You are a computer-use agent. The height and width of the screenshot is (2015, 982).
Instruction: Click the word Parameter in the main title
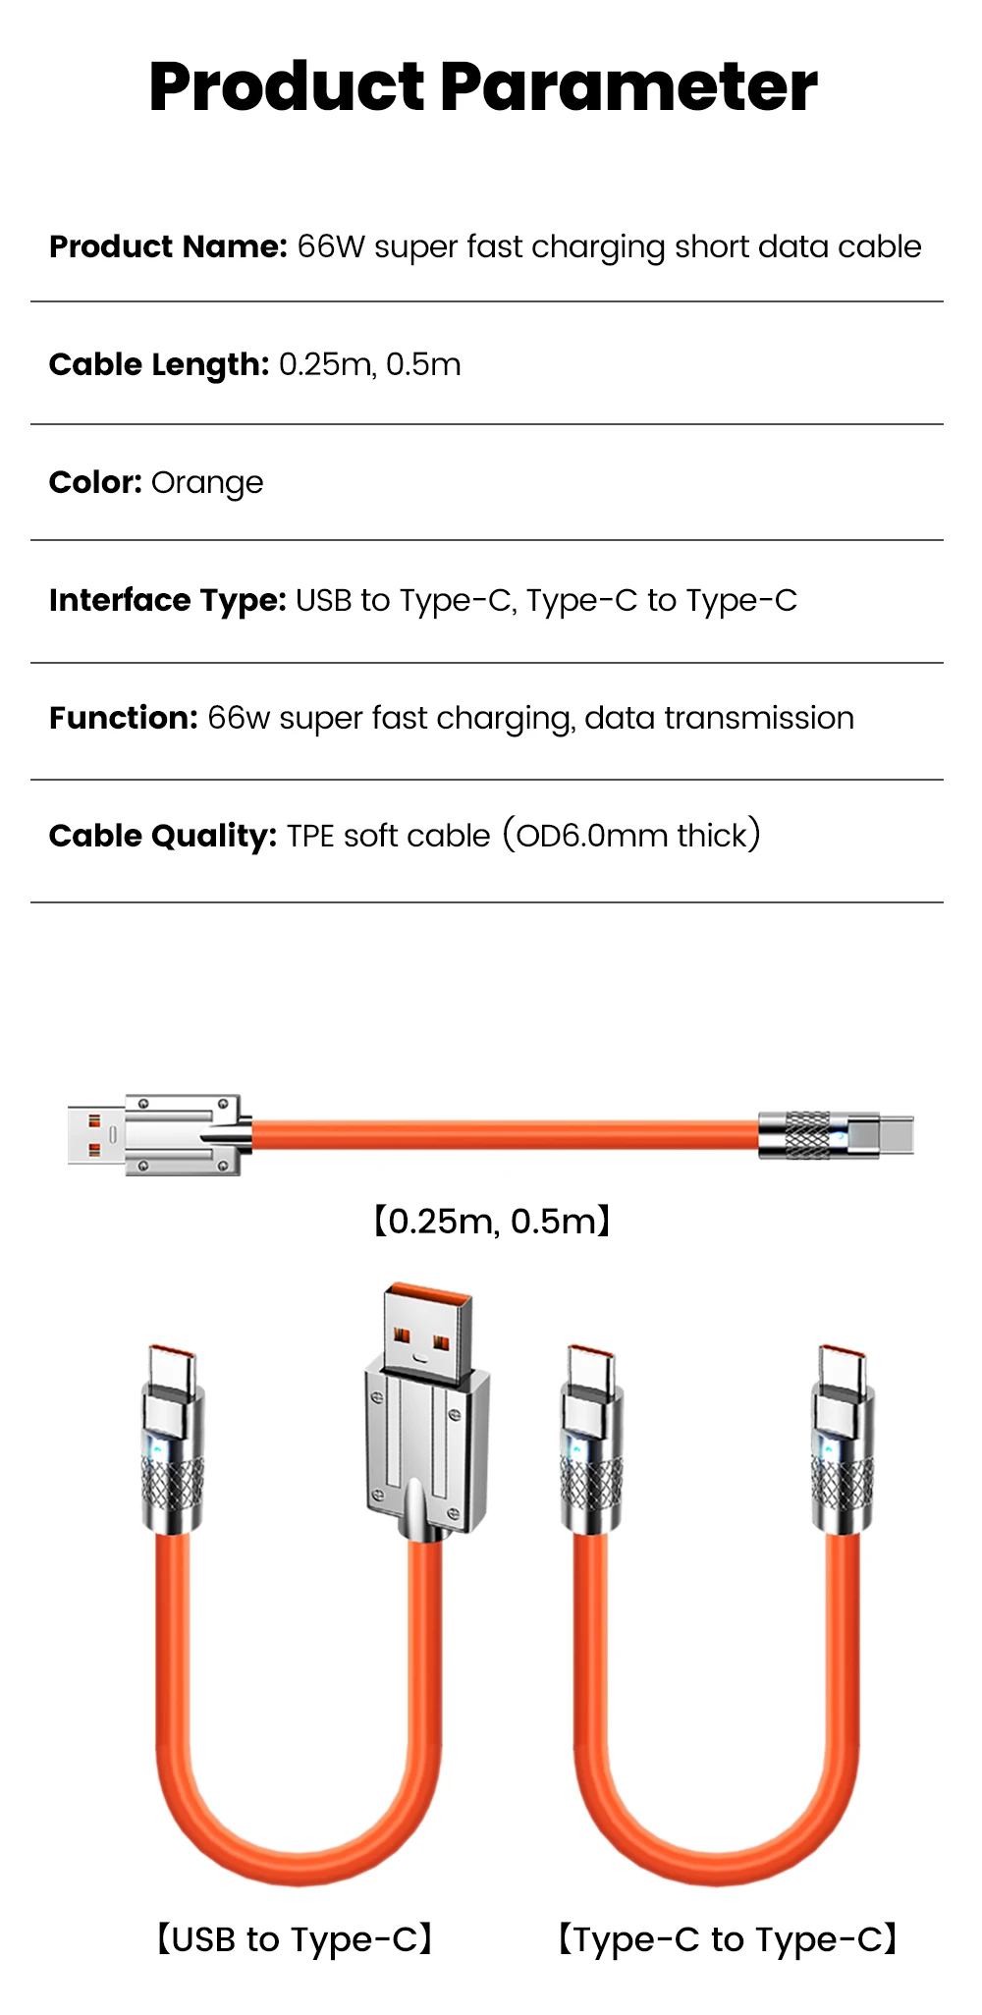(628, 87)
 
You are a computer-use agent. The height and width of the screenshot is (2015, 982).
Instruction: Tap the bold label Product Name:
(168, 246)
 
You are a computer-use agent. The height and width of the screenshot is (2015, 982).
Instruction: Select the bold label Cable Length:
(159, 364)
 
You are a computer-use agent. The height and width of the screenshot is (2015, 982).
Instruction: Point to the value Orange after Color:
(207, 483)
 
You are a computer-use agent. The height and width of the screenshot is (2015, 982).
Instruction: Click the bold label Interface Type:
(168, 600)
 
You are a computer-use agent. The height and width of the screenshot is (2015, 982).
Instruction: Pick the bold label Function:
(125, 718)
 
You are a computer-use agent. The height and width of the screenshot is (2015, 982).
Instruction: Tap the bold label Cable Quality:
(164, 836)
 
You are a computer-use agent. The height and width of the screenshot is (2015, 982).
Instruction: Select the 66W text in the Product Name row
(331, 246)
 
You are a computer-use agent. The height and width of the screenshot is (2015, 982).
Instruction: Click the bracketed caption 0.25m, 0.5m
(492, 1221)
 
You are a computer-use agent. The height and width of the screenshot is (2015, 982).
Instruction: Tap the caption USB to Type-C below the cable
(295, 1939)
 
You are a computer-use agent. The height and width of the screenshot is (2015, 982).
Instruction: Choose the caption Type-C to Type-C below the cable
(728, 1939)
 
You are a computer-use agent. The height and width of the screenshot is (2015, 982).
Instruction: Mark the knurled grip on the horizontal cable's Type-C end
(808, 1135)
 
